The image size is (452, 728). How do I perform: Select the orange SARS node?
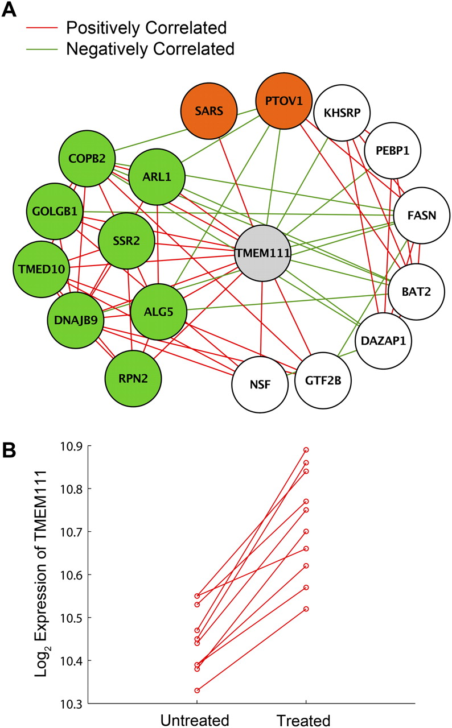(208, 111)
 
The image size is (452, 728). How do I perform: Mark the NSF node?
(260, 386)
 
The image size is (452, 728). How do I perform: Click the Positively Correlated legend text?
(146, 27)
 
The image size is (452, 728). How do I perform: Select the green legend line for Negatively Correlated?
(41, 49)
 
